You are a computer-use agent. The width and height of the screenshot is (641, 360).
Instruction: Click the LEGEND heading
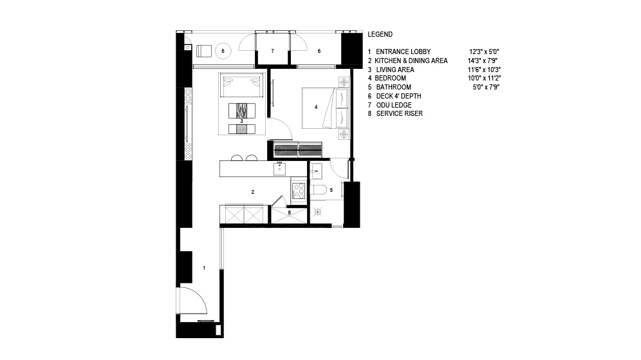pyautogui.click(x=380, y=34)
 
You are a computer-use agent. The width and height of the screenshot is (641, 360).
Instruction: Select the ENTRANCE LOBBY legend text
pyautogui.click(x=403, y=52)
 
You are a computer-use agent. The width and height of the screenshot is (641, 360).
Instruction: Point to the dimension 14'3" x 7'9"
pyautogui.click(x=483, y=61)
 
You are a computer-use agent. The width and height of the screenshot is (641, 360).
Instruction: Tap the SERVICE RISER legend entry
pyautogui.click(x=400, y=113)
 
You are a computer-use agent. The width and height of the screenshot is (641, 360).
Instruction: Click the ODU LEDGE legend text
pyautogui.click(x=394, y=105)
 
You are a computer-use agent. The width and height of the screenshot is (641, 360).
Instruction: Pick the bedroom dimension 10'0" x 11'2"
pyautogui.click(x=485, y=78)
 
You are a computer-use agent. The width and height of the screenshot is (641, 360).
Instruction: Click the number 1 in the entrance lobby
pyautogui.click(x=204, y=268)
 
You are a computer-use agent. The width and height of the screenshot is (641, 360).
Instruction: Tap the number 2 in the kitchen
pyautogui.click(x=253, y=191)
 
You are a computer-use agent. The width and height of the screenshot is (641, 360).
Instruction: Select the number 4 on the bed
pyautogui.click(x=315, y=107)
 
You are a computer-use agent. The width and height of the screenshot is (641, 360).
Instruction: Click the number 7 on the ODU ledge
pyautogui.click(x=272, y=51)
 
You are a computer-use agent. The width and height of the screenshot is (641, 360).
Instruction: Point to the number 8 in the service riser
pyautogui.click(x=289, y=213)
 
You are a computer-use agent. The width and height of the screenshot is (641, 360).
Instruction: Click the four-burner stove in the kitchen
pyautogui.click(x=299, y=191)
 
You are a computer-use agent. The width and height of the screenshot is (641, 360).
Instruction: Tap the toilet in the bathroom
pyautogui.click(x=318, y=190)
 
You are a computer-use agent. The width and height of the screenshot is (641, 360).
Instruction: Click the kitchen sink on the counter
pyautogui.click(x=279, y=168)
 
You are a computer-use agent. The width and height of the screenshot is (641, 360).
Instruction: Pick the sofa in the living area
pyautogui.click(x=241, y=85)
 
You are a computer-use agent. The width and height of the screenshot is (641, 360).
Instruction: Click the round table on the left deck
pyautogui.click(x=223, y=51)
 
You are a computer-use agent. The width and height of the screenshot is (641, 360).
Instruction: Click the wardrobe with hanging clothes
pyautogui.click(x=298, y=149)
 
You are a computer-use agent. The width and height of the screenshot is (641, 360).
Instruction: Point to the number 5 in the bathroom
pyautogui.click(x=331, y=190)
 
